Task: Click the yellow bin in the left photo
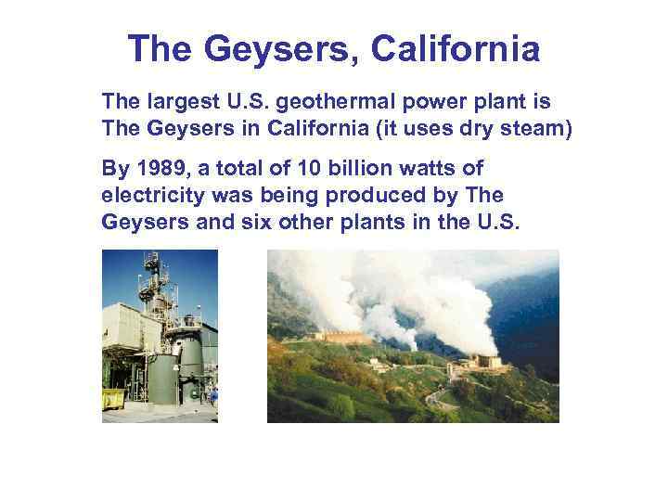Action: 112,399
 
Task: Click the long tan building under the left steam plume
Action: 343,336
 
